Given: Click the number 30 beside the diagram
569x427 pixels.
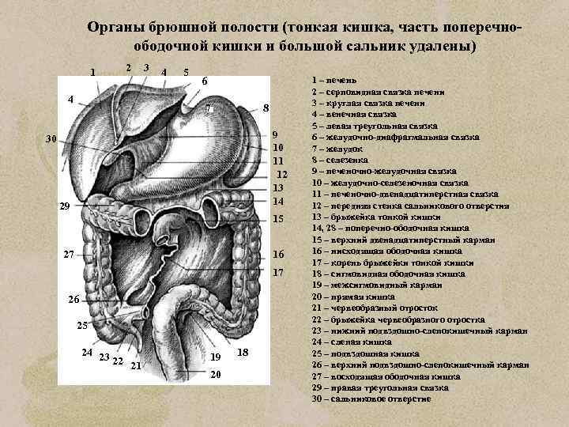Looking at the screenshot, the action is [51, 138].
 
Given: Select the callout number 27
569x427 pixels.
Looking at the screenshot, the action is [70, 255].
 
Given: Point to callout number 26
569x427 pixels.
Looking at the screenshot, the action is [73, 300].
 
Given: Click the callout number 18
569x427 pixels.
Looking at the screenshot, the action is [243, 351].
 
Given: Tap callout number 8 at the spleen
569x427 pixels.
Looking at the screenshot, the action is [266, 108].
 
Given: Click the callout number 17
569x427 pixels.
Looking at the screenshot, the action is [277, 272].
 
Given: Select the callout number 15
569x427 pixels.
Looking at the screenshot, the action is [277, 217].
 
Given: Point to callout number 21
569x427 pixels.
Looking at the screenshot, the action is [136, 365].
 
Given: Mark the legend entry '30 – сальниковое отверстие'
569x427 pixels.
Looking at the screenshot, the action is [371, 399].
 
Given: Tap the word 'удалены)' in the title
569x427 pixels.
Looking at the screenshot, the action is [444, 46].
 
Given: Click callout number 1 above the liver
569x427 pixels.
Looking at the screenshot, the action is [92, 74].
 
